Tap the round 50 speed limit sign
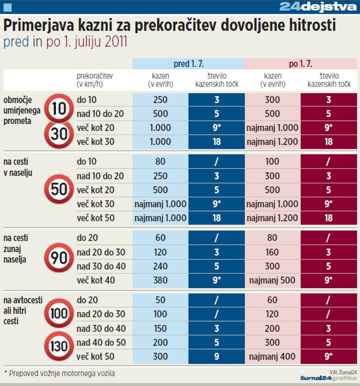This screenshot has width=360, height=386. click(x=59, y=189)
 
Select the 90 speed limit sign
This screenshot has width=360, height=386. click(x=59, y=258)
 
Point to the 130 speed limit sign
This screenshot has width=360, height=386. click(x=59, y=346)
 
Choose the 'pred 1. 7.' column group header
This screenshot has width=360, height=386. click(x=188, y=64)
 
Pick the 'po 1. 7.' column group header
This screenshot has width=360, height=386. click(x=301, y=64)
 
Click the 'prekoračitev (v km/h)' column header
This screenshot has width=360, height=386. click(x=95, y=80)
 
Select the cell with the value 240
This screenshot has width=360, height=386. click(x=160, y=266)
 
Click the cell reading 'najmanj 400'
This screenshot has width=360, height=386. click(x=272, y=357)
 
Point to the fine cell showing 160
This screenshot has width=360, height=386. click(x=272, y=252)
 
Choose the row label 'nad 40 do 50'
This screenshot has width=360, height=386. click(x=101, y=343)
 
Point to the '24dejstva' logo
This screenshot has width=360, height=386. click(x=317, y=7)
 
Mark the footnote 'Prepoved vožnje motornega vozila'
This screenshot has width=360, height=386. click(x=62, y=373)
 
